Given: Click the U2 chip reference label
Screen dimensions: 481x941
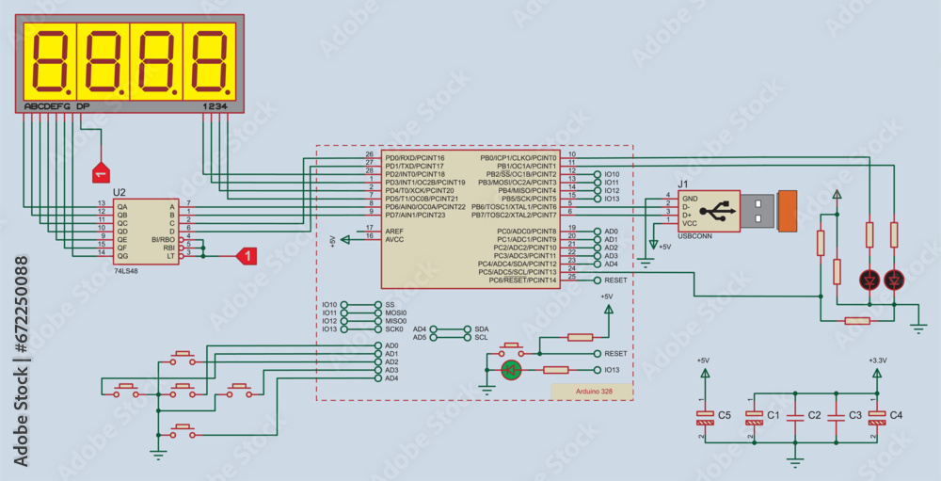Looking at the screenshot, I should pyautogui.click(x=120, y=192).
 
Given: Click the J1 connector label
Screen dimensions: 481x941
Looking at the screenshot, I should pyautogui.click(x=684, y=184).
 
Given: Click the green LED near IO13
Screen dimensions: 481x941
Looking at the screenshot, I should pyautogui.click(x=511, y=370).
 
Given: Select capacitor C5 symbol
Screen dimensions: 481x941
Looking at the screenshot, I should pyautogui.click(x=704, y=415).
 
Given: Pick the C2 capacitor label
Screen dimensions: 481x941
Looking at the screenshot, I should pyautogui.click(x=815, y=415).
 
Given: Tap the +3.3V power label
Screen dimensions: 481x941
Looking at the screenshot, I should pyautogui.click(x=877, y=360).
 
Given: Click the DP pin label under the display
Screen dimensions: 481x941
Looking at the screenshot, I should pyautogui.click(x=83, y=106).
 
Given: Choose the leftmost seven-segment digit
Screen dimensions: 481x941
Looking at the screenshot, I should pyautogui.click(x=49, y=60).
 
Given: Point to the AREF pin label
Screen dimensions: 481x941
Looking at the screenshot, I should pyautogui.click(x=394, y=230).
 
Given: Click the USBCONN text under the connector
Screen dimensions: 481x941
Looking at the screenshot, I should pyautogui.click(x=694, y=235).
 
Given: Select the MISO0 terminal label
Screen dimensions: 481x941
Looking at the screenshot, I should pyautogui.click(x=395, y=321).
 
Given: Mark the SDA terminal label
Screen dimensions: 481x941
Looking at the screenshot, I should pyautogui.click(x=482, y=329).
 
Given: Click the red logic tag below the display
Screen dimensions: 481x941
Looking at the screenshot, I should pyautogui.click(x=99, y=173).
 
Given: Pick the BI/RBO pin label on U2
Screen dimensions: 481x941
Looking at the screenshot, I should pyautogui.click(x=163, y=238).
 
